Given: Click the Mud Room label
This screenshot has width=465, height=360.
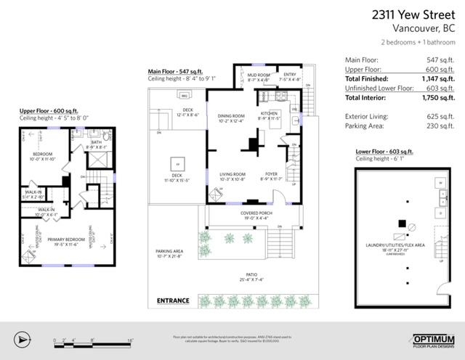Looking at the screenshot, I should (x=258, y=75).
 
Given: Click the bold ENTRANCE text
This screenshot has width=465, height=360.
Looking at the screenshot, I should (x=173, y=300).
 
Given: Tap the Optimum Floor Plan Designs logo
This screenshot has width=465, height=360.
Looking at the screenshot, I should (x=434, y=340).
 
